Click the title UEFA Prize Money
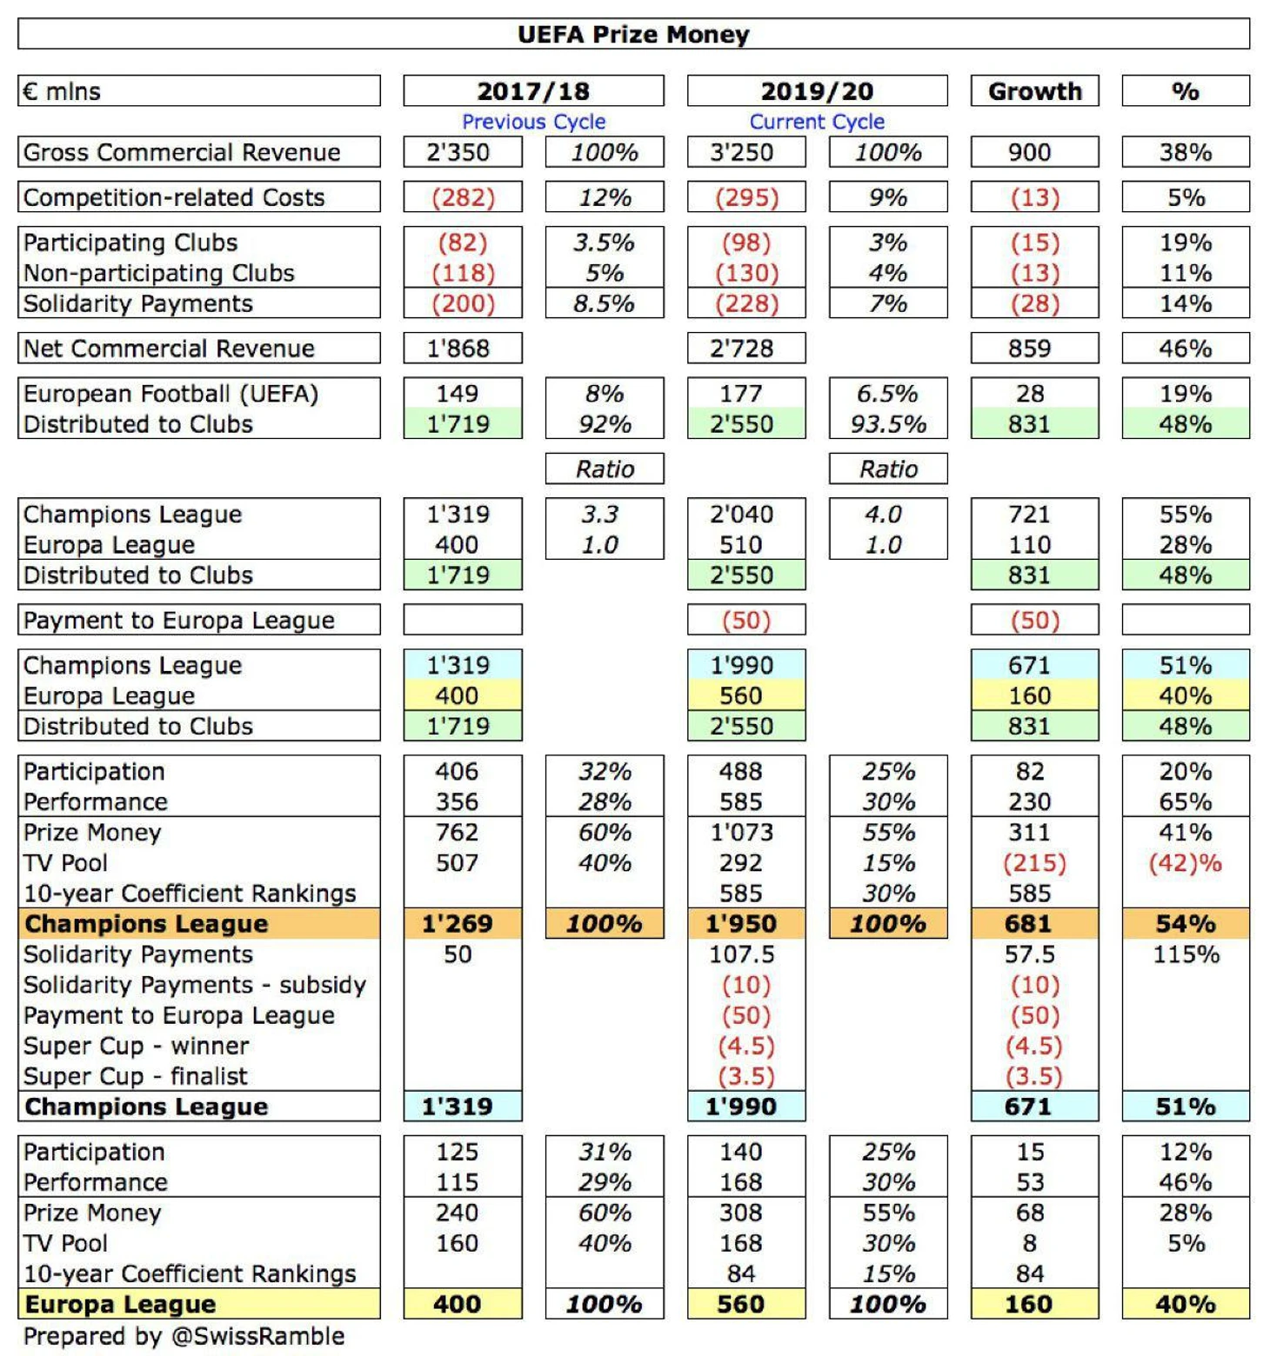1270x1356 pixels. [633, 34]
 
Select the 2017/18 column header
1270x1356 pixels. [533, 91]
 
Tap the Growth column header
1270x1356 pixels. [1035, 91]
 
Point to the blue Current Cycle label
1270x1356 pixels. [817, 122]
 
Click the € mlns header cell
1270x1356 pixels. [199, 91]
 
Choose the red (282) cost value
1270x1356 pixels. [464, 197]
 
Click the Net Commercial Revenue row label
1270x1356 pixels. [169, 349]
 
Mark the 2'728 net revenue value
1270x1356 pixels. [741, 349]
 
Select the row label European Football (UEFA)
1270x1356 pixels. [171, 394]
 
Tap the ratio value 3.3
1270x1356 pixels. [600, 514]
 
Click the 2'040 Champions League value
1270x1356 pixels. [741, 514]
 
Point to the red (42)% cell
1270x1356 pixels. [1186, 863]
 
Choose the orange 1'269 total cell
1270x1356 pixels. [463, 923]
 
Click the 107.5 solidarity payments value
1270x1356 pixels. [741, 954]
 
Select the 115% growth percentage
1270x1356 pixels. [1186, 954]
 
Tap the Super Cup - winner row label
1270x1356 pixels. [137, 1046]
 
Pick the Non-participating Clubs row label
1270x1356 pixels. [159, 273]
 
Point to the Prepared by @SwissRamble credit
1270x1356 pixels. [184, 1336]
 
